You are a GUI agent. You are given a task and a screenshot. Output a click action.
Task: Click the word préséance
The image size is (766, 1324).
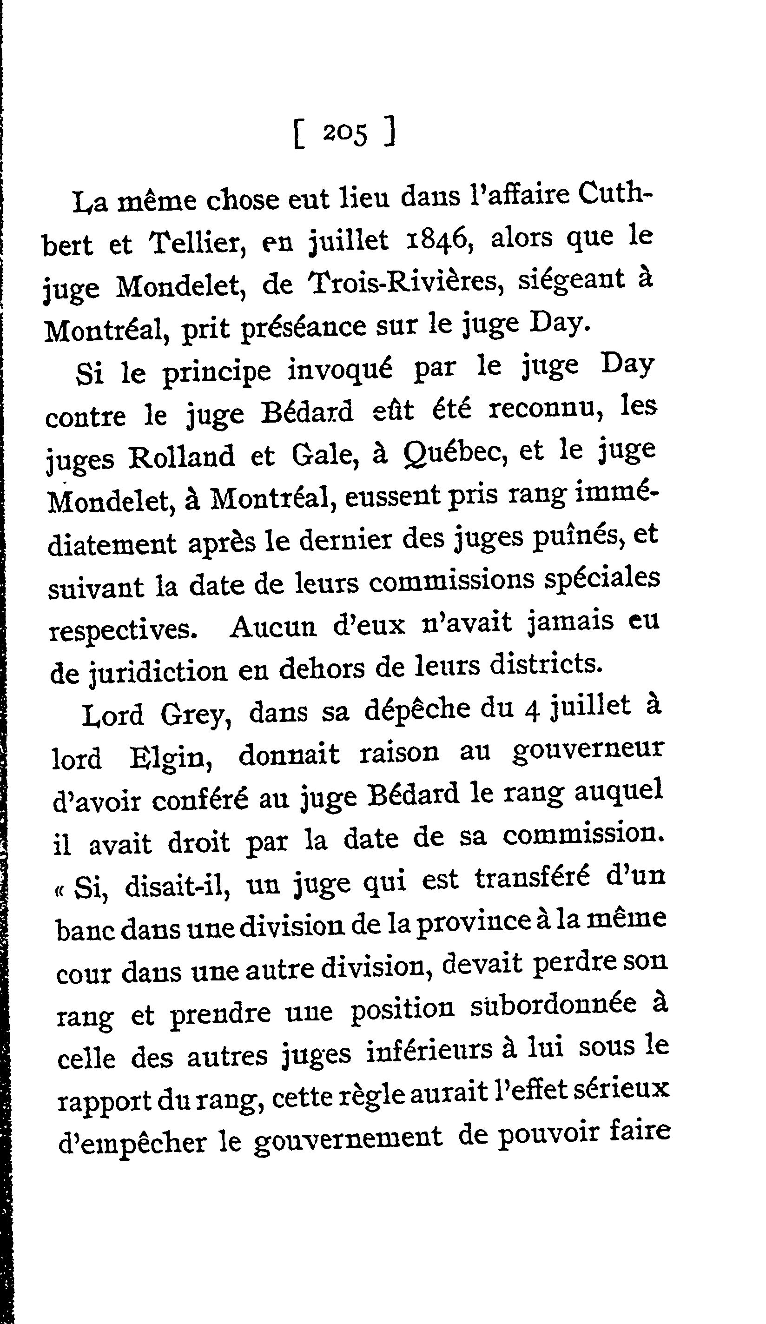tap(303, 328)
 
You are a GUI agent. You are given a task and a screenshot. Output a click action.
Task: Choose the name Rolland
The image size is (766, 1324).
tap(181, 456)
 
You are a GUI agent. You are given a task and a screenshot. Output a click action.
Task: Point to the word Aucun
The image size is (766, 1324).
tap(273, 626)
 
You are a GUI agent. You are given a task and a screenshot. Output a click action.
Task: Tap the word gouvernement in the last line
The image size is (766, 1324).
tap(347, 1136)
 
